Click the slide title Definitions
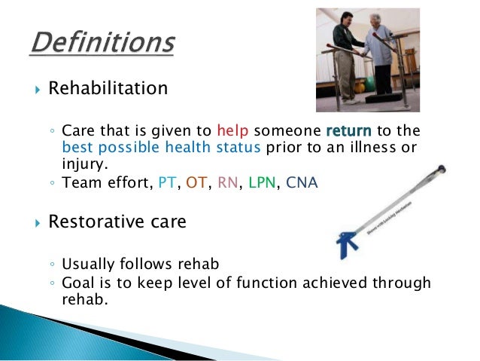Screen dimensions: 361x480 click(103, 42)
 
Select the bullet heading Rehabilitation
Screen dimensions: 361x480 click(108, 89)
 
